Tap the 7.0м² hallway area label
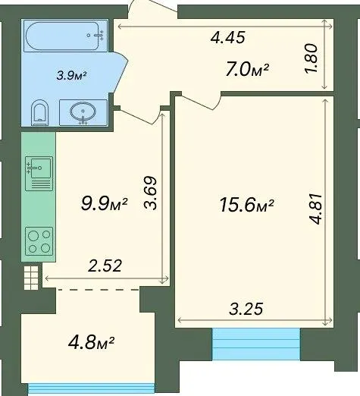click(x=247, y=70)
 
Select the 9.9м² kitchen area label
click(x=104, y=204)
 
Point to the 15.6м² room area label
click(x=247, y=205)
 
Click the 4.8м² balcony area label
click(x=91, y=343)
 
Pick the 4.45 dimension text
click(x=228, y=37)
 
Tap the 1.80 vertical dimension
click(x=311, y=59)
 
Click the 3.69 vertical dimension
click(x=151, y=192)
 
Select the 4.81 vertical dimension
click(x=315, y=209)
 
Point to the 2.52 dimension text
click(x=105, y=266)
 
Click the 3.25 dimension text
click(x=246, y=309)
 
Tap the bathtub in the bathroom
click(x=65, y=36)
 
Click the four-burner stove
click(x=39, y=241)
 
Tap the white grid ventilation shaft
click(x=31, y=278)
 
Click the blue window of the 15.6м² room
click(x=256, y=344)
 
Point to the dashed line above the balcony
click(x=99, y=290)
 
